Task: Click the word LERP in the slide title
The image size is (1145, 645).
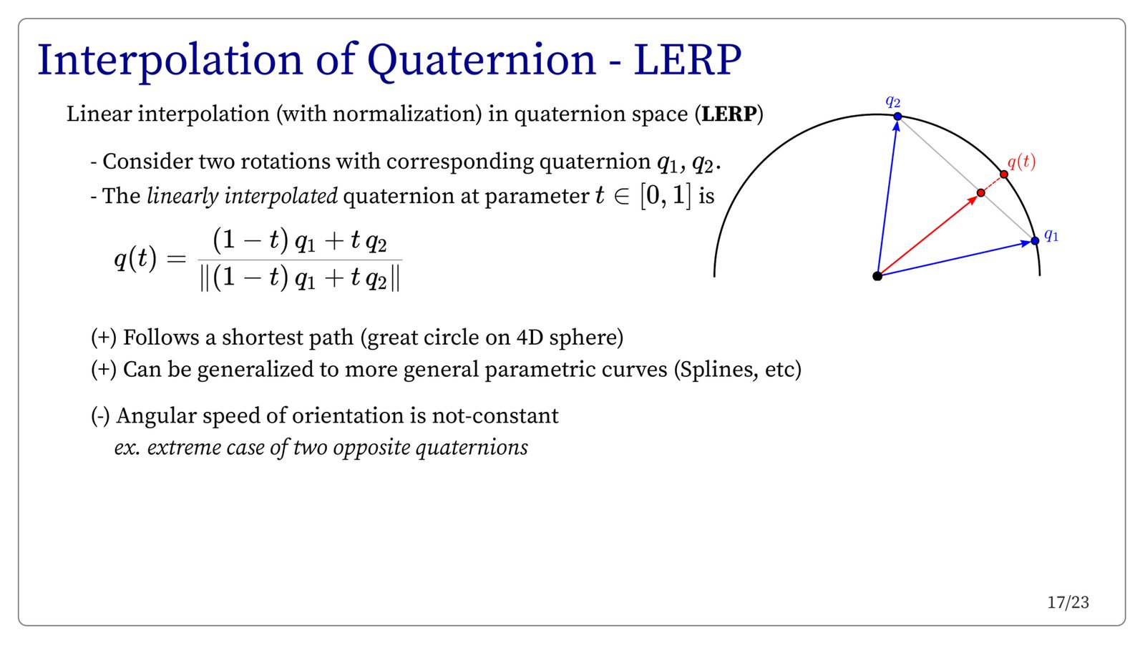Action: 688,60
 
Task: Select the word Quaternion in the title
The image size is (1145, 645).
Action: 482,61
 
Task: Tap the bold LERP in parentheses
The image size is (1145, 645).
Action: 729,114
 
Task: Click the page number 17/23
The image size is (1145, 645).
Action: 1068,603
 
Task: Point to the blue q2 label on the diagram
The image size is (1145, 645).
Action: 892,102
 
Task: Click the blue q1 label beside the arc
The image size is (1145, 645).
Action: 1051,235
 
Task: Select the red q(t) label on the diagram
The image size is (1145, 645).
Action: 1021,162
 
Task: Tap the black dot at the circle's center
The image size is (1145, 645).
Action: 877,276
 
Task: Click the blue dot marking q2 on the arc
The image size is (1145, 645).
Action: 897,117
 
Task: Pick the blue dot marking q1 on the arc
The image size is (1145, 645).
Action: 1035,240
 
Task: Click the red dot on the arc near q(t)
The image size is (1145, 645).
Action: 1004,174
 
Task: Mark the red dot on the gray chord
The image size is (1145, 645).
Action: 980,193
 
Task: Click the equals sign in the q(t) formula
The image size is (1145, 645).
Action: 176,259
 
